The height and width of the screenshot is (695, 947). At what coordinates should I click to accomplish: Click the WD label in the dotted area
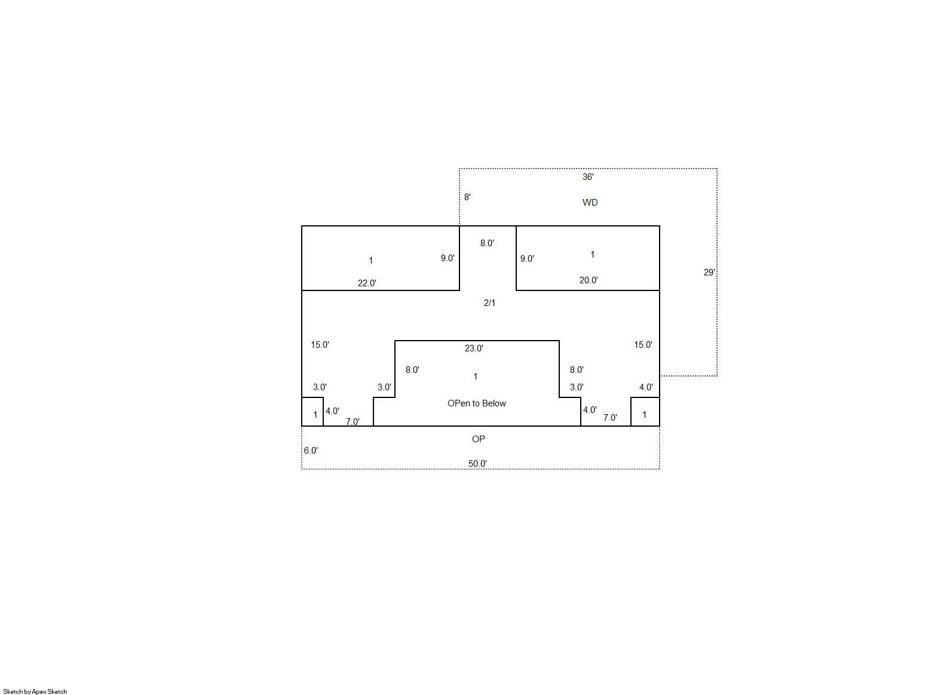[590, 203]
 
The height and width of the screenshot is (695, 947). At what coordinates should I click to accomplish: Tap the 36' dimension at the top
[588, 177]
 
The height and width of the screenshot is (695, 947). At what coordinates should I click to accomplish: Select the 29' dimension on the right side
[709, 273]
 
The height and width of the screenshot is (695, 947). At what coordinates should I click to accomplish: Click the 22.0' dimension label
[367, 283]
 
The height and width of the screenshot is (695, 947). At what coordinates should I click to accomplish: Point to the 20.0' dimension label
[589, 280]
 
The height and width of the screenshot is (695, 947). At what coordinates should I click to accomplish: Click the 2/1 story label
[489, 303]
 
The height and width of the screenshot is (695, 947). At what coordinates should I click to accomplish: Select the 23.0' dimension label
[474, 348]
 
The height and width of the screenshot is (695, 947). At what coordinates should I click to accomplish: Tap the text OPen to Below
[477, 403]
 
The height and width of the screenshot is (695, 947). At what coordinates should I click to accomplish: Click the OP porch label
[479, 439]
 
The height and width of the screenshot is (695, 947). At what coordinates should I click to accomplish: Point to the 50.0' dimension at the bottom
[478, 464]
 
